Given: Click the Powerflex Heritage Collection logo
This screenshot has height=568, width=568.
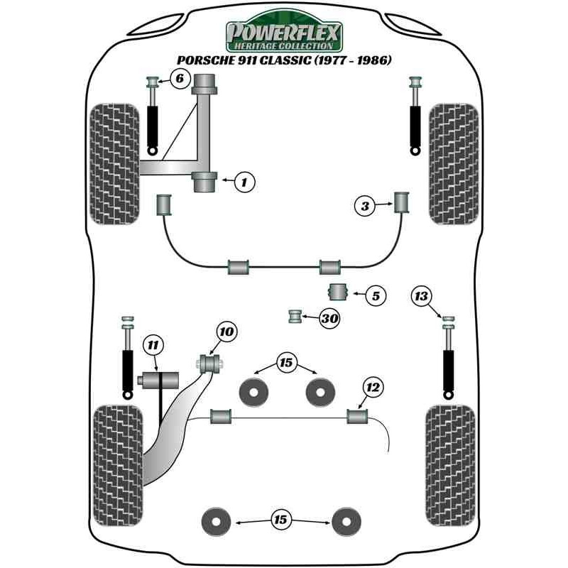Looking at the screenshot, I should [x=284, y=34].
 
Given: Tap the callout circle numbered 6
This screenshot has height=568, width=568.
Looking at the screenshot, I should [x=180, y=79].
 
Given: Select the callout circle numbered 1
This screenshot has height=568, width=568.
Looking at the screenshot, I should [x=244, y=182].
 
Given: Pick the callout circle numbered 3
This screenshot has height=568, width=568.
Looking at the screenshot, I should [x=365, y=207].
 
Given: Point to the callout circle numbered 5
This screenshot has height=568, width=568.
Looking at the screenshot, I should [x=376, y=295].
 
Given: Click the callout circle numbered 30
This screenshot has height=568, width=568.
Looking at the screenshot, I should [x=329, y=319].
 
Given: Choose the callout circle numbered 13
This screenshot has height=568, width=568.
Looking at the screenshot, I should [x=422, y=296].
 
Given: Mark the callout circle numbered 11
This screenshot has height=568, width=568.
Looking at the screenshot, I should [x=152, y=346].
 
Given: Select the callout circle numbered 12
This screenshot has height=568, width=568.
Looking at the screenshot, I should [x=373, y=387].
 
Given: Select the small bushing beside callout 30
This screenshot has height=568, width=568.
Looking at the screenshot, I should [x=295, y=317].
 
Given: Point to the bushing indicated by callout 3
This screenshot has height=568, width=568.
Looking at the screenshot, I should [x=403, y=202].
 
